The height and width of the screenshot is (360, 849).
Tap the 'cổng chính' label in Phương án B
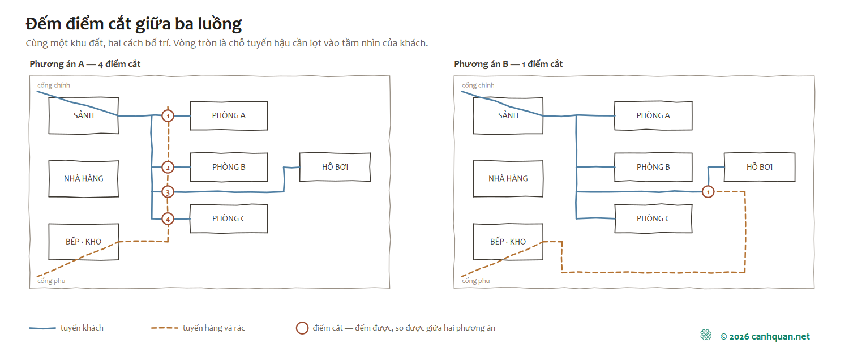[478, 85]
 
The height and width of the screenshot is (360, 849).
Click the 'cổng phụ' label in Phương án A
[51, 281]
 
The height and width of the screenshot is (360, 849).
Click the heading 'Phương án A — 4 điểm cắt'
[85, 63]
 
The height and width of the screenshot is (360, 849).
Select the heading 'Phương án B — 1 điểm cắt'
[508, 63]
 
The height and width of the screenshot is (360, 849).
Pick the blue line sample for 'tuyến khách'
[42, 328]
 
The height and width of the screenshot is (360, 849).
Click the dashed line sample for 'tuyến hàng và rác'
[165, 328]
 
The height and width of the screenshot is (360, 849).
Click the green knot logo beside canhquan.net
[706, 335]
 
